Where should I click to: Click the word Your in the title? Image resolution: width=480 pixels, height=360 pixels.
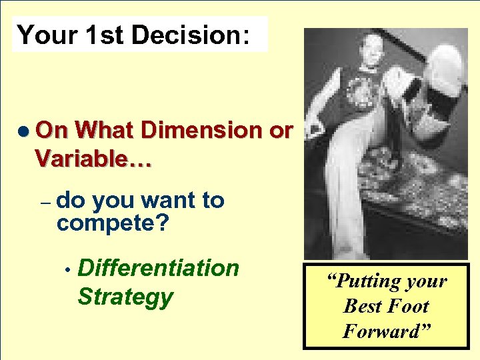[47, 35]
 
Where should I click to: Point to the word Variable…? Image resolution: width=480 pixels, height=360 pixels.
[93, 158]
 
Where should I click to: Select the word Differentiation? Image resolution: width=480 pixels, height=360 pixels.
[158, 268]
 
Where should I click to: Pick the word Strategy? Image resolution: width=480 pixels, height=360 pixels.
[125, 296]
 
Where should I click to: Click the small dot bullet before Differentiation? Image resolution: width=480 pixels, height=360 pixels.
[68, 270]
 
